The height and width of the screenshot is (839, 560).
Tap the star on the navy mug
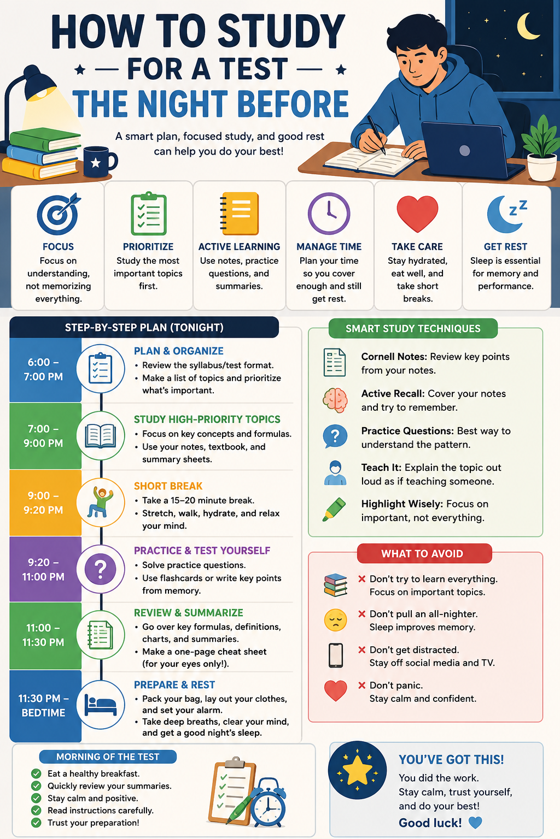[96, 163]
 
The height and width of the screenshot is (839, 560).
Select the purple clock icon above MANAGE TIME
[329, 214]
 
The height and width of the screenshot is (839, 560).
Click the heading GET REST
[505, 246]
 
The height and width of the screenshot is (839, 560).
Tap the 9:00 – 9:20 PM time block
[45, 503]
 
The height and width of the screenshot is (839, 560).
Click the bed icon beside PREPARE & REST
[101, 705]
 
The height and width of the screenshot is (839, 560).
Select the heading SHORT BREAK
[168, 486]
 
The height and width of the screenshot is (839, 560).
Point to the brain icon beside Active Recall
[335, 400]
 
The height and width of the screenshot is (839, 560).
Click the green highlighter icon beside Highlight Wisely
[334, 510]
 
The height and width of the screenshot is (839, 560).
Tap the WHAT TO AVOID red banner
[424, 553]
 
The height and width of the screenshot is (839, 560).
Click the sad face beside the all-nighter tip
[335, 621]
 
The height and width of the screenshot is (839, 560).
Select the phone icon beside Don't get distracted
[336, 655]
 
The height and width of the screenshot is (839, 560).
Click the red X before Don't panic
[361, 685]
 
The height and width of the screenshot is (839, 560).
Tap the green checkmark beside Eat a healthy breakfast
[37, 773]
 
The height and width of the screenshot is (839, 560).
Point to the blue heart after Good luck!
[475, 823]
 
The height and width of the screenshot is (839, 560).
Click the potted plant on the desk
[541, 149]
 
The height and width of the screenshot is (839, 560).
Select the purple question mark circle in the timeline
[100, 569]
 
